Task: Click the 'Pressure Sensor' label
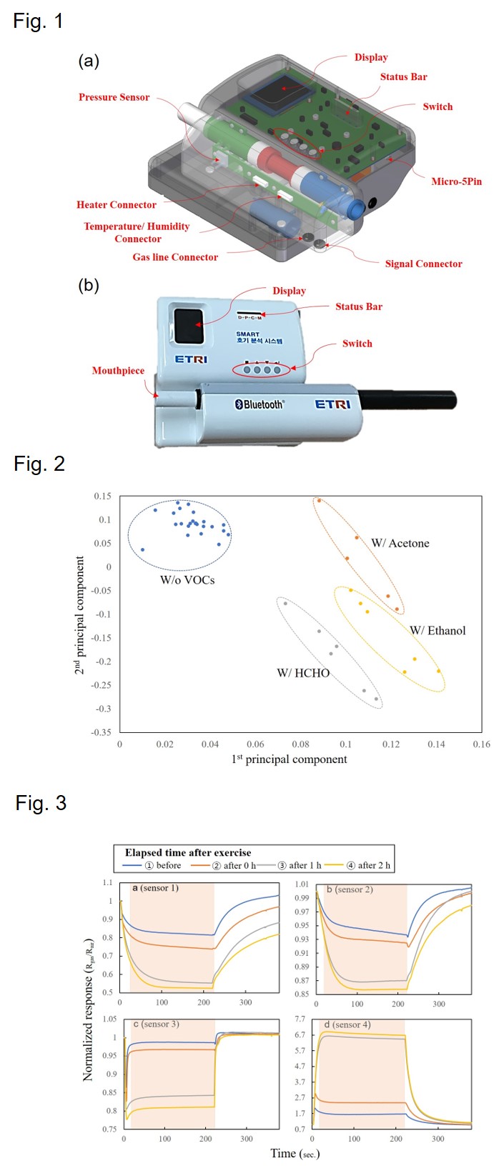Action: (114, 97)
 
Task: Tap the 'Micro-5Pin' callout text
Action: (456, 181)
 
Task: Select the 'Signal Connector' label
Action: (423, 264)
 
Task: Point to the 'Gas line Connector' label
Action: (175, 257)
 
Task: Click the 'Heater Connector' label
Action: (117, 205)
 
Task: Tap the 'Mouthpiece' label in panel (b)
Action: (118, 371)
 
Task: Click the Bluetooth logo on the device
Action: (260, 404)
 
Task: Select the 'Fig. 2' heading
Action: (39, 464)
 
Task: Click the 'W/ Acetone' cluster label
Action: (400, 544)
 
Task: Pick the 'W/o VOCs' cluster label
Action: (187, 580)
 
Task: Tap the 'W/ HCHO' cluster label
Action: (303, 673)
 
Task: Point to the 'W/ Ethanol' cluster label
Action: (437, 631)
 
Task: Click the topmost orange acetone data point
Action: (319, 501)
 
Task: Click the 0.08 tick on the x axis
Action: (300, 744)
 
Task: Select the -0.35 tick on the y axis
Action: (102, 732)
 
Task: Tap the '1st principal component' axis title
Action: (289, 759)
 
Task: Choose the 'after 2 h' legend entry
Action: (369, 865)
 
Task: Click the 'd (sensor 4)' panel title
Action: (347, 1025)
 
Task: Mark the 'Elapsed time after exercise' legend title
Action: (188, 852)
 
